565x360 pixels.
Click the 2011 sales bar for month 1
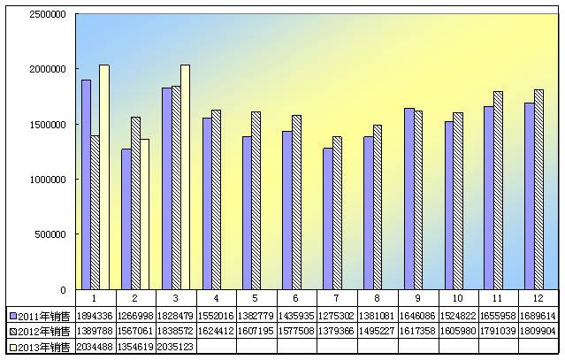coord(86,184)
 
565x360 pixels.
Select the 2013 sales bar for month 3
coord(185,177)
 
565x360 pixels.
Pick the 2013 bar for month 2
coord(145,214)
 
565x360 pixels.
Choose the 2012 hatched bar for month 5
coord(256,200)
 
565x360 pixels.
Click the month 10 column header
coord(458,298)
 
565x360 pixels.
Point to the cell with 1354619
coord(136,347)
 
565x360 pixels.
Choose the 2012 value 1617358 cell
coord(418,331)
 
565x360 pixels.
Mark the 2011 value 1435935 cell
coord(297,315)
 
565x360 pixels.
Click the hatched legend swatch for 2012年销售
coord(13,331)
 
